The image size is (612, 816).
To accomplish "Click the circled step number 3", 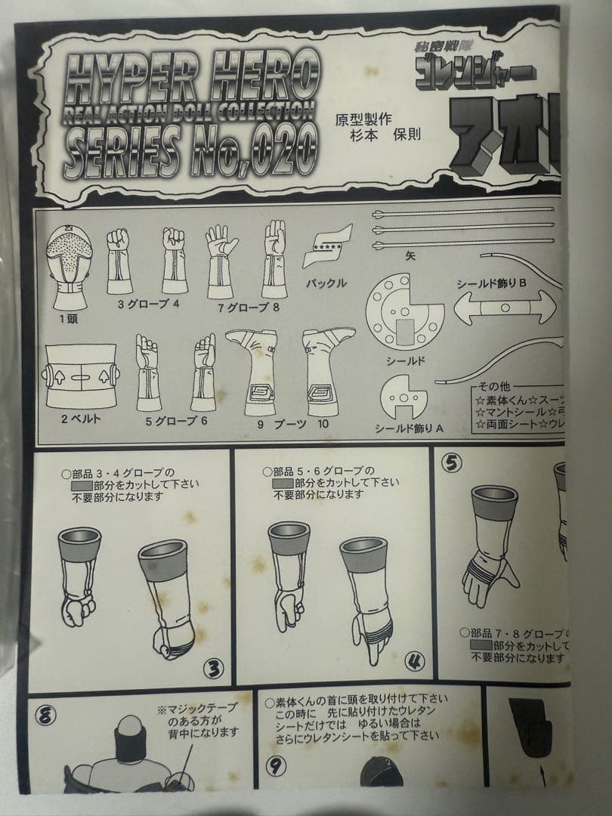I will (214, 667).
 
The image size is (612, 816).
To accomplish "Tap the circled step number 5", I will (452, 463).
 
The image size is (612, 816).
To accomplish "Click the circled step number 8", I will (46, 716).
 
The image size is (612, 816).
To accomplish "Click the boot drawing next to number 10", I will (328, 369).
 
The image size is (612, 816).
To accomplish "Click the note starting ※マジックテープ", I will (198, 720).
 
